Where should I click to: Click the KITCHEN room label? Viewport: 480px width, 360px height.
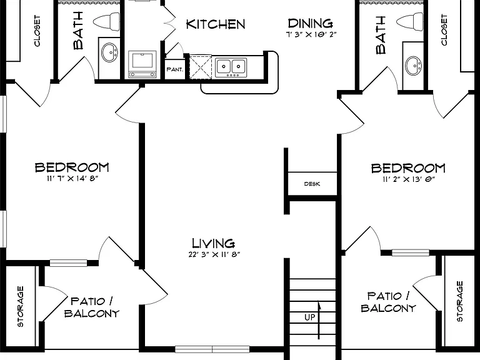(216, 24)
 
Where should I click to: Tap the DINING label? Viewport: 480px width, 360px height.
(311, 23)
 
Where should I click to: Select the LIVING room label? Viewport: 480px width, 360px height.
(213, 243)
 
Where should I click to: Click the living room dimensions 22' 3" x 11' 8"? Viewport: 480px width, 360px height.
(214, 254)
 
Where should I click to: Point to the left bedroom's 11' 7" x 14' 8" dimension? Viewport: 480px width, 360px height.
(72, 178)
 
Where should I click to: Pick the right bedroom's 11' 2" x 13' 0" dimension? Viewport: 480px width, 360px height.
(409, 179)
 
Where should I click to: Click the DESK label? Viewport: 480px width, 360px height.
(312, 184)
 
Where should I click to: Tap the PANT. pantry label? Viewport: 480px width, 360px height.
(175, 69)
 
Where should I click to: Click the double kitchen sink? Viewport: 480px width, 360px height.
(231, 67)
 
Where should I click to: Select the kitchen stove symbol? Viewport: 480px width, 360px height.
(142, 64)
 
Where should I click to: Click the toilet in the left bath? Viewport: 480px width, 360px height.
(106, 22)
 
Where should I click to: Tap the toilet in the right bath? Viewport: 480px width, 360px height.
(410, 22)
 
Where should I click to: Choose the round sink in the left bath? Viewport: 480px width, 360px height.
(109, 52)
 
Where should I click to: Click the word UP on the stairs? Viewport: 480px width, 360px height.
(310, 317)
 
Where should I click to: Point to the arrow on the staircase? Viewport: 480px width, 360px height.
(319, 320)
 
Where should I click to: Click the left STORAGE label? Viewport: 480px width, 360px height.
(20, 306)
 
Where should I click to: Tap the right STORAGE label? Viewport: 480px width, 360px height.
(459, 301)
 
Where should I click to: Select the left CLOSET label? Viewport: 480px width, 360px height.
(37, 31)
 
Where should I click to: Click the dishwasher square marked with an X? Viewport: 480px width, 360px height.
(201, 67)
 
